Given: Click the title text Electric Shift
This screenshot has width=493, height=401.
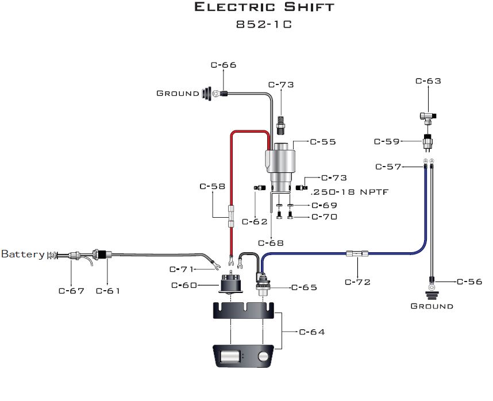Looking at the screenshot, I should (264, 7).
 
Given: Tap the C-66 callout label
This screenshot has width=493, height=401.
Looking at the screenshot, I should (224, 65).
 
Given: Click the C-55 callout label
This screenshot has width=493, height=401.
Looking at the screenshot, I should (323, 141).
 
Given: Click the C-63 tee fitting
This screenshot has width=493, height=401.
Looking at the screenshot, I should (427, 116).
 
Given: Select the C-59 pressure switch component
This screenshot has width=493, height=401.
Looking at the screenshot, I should (428, 141).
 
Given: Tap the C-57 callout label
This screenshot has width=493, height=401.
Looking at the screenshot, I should (388, 167).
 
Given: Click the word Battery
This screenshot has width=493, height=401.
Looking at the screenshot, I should (23, 254).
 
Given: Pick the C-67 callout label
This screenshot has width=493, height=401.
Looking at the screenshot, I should (71, 291).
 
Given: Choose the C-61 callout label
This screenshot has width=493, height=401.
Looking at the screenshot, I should (109, 291).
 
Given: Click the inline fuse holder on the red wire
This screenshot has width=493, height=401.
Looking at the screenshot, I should (230, 217).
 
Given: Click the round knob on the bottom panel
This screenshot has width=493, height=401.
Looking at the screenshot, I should (264, 357).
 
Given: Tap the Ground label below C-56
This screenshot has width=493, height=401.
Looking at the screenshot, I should (432, 306).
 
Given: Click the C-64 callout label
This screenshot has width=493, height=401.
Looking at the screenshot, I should (312, 332).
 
